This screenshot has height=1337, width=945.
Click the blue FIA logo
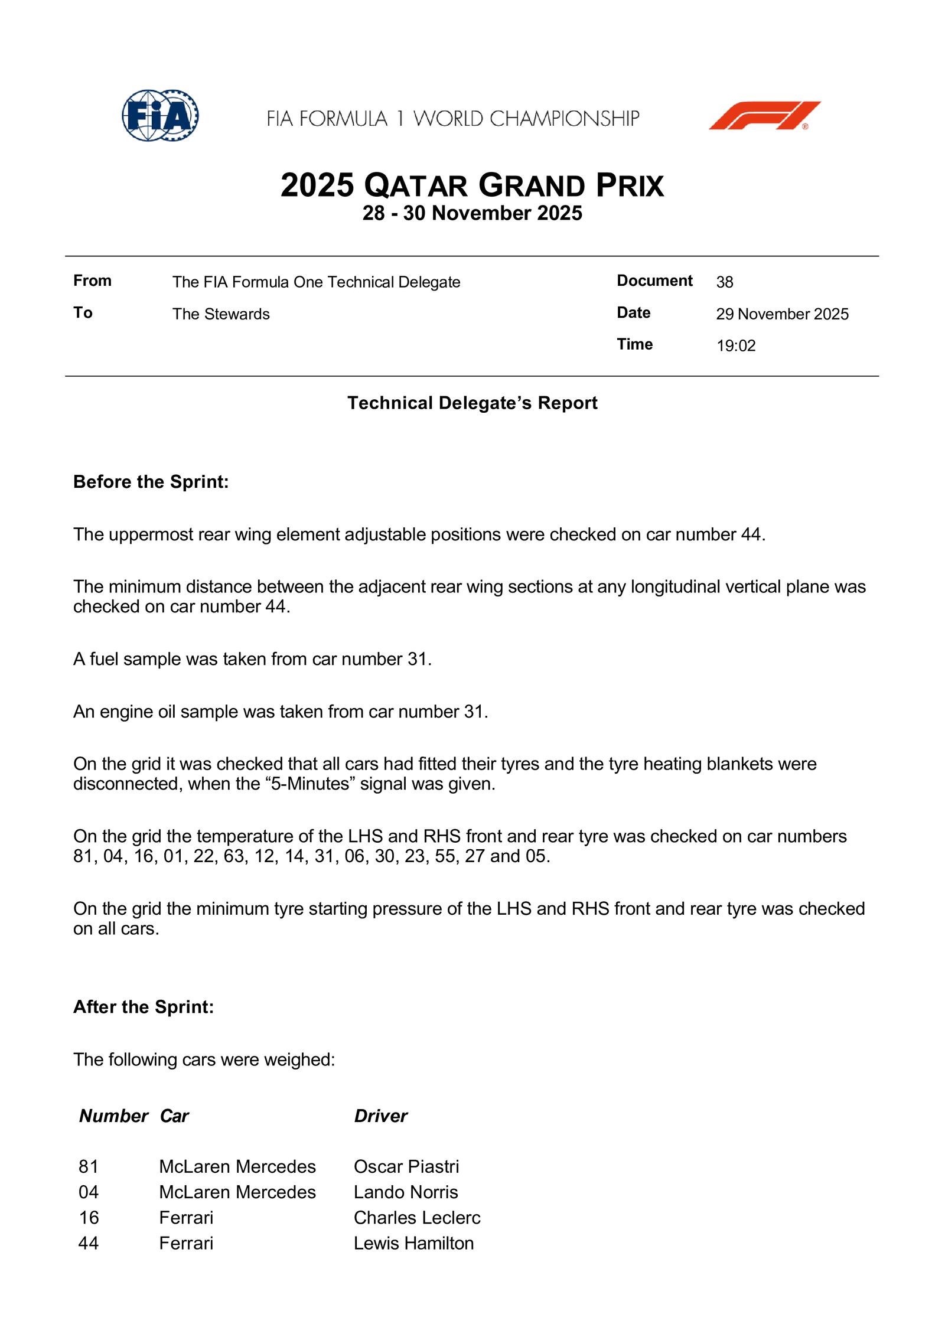pyautogui.click(x=160, y=116)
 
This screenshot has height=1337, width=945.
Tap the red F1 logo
pyautogui.click(x=764, y=116)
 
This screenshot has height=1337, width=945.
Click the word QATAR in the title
pyautogui.click(x=416, y=186)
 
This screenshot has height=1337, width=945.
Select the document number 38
pyautogui.click(x=725, y=282)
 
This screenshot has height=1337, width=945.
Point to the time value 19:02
pyautogui.click(x=736, y=345)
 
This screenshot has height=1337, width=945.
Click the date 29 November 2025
pyautogui.click(x=782, y=314)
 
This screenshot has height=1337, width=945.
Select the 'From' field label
pyautogui.click(x=92, y=281)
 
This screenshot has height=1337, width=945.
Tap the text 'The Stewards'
pyautogui.click(x=221, y=314)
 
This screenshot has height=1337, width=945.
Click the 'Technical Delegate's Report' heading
pyautogui.click(x=472, y=403)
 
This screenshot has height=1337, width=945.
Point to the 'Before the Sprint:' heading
pyautogui.click(x=151, y=482)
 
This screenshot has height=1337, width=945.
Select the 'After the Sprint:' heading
pyautogui.click(x=144, y=1007)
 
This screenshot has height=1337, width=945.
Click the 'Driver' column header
pyautogui.click(x=380, y=1116)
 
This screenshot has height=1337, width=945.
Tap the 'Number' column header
pyautogui.click(x=113, y=1116)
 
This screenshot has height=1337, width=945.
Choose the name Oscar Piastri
pyautogui.click(x=406, y=1166)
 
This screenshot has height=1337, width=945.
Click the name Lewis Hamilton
pyautogui.click(x=413, y=1243)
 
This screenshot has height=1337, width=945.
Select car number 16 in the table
pyautogui.click(x=89, y=1218)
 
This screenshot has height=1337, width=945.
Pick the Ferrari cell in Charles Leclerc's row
pyautogui.click(x=186, y=1218)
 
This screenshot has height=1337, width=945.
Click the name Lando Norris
pyautogui.click(x=406, y=1192)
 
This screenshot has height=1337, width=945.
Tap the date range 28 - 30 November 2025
pyautogui.click(x=472, y=213)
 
